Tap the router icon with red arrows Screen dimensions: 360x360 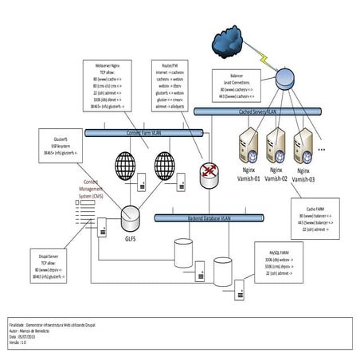[210, 171]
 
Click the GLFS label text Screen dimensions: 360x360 [131, 237]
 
